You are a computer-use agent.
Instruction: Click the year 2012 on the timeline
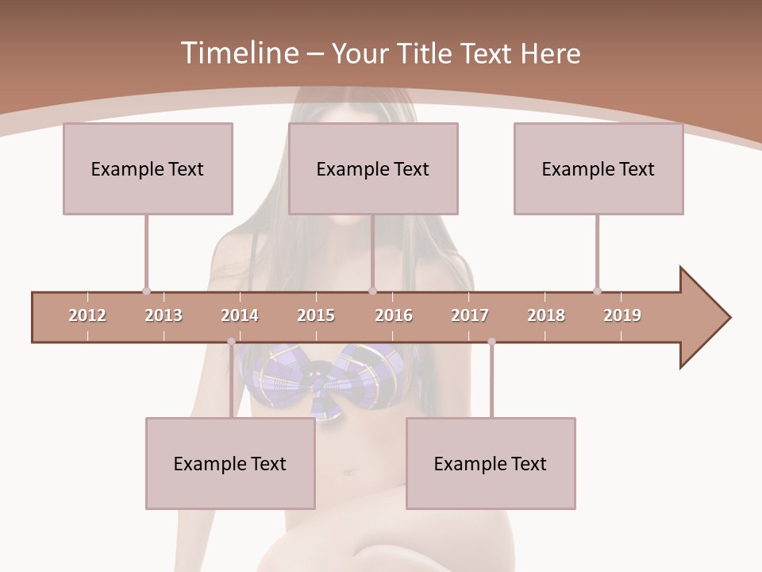(87, 315)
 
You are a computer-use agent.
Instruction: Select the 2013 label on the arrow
(164, 315)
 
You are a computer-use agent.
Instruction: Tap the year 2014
(240, 315)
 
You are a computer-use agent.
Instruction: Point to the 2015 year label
(316, 315)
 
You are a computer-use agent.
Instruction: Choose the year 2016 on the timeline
(394, 315)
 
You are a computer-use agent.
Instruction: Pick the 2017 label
(470, 315)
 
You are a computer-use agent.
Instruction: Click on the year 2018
(546, 315)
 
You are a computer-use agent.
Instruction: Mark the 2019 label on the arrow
(622, 315)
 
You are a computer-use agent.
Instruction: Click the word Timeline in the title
(238, 53)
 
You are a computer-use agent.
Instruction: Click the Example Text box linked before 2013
(148, 168)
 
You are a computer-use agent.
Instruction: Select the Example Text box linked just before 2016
(373, 168)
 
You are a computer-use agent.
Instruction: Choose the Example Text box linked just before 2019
(598, 168)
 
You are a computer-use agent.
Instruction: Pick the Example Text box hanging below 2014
(230, 463)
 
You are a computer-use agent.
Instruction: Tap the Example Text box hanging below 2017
(491, 463)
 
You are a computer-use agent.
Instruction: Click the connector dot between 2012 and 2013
(146, 291)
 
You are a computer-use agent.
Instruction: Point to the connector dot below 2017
(491, 342)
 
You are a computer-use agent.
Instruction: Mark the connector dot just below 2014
(231, 342)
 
